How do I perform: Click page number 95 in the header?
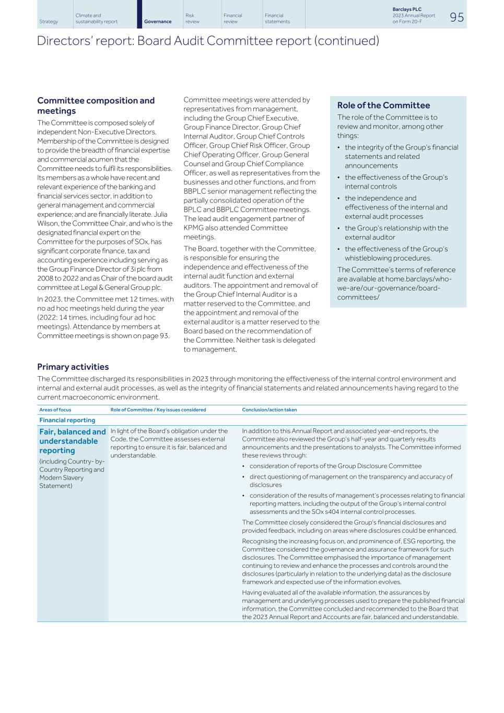456,17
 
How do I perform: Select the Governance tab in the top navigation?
158,21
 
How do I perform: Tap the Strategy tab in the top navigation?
49,21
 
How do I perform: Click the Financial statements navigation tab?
277,19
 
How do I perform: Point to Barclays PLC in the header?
407,9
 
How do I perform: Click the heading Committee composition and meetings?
96,106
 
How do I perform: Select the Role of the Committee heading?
383,106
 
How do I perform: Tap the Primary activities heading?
73,367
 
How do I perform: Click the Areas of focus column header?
55,410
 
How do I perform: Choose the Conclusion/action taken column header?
269,410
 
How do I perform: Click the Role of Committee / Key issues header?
158,410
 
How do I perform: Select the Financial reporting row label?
67,420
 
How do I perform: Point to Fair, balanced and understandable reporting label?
72,441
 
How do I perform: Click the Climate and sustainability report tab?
96,19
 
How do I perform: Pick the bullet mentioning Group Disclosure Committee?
335,466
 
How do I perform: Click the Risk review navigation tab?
192,19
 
